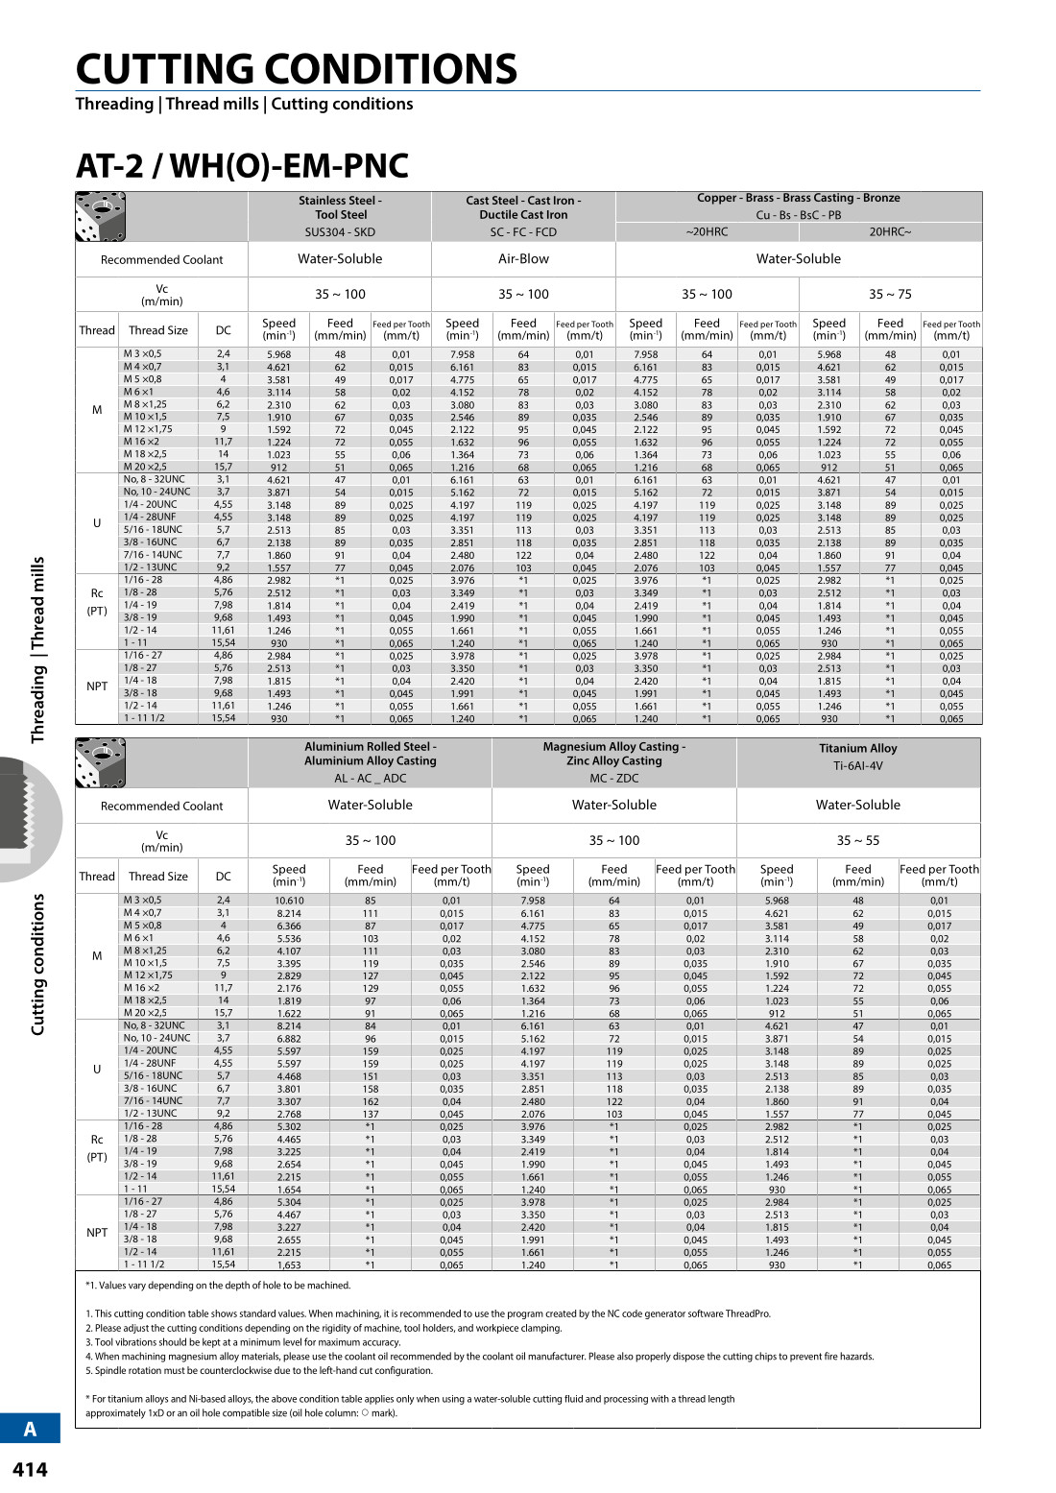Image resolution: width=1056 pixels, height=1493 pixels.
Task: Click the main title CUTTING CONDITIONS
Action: pyautogui.click(x=296, y=69)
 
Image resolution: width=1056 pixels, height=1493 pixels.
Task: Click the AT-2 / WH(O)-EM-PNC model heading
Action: pyautogui.click(x=242, y=166)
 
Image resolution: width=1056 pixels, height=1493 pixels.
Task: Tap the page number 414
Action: pyautogui.click(x=30, y=1469)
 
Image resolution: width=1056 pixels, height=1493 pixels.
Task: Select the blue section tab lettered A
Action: pyautogui.click(x=30, y=1429)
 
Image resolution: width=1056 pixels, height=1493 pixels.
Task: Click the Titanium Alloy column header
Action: pyautogui.click(x=857, y=748)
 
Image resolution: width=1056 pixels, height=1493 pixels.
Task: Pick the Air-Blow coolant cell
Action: pyautogui.click(x=523, y=258)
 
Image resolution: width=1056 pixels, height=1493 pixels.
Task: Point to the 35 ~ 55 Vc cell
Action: pyautogui.click(x=857, y=840)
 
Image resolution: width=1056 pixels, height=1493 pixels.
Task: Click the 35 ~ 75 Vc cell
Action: pyautogui.click(x=890, y=294)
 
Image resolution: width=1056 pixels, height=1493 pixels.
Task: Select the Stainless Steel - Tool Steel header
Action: pyautogui.click(x=340, y=207)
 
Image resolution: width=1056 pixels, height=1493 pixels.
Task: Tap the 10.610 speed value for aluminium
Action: pyautogui.click(x=289, y=901)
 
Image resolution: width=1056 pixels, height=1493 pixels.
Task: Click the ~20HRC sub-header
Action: pyautogui.click(x=707, y=231)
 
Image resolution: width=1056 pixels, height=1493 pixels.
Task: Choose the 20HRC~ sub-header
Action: pyautogui.click(x=890, y=231)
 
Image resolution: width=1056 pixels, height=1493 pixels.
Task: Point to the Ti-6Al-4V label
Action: pyautogui.click(x=857, y=766)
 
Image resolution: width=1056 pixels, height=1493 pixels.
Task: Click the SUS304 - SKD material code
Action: pyautogui.click(x=340, y=231)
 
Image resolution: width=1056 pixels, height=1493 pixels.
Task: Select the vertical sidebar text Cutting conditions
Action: pyautogui.click(x=38, y=964)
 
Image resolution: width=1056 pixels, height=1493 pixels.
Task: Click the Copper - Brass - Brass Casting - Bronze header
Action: pyautogui.click(x=798, y=198)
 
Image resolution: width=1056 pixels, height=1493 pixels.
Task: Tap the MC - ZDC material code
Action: pyautogui.click(x=613, y=778)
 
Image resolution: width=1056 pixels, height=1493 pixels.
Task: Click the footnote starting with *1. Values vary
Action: pyautogui.click(x=218, y=1285)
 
